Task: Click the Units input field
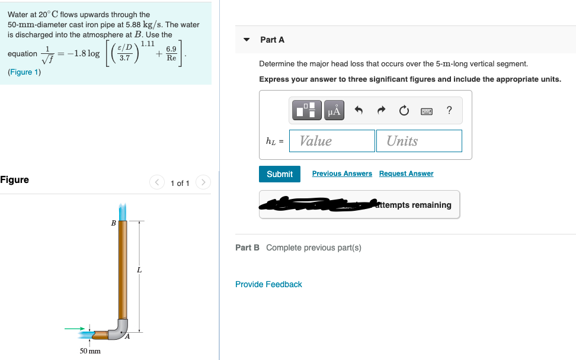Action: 418,141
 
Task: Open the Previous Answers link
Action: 342,173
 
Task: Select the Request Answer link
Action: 406,173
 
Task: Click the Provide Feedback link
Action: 268,284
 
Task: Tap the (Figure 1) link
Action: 24,72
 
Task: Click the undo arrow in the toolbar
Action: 359,110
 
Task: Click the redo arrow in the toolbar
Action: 381,110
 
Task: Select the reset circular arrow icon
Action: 404,110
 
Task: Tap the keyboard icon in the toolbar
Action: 426,110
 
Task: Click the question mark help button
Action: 449,110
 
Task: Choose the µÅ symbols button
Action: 334,110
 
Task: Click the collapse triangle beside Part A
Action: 247,40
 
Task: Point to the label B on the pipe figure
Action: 113,223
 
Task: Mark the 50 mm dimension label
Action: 90,351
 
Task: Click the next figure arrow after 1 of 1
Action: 203,182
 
